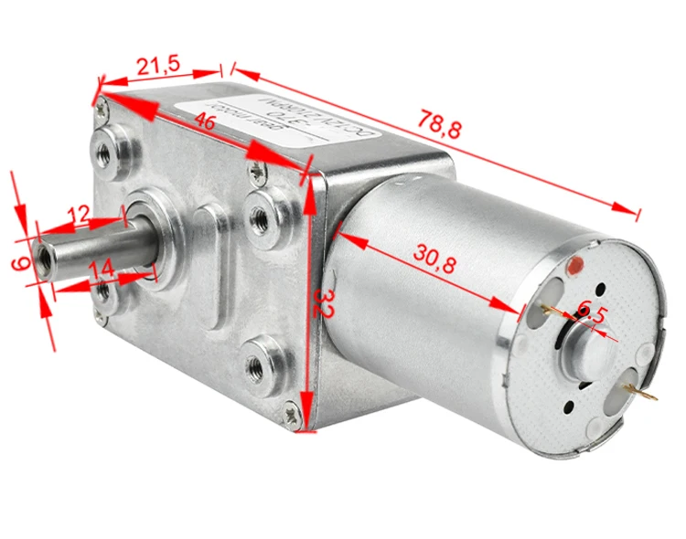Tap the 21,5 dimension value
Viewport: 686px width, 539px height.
coord(157,66)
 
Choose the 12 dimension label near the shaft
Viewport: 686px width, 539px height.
coord(79,215)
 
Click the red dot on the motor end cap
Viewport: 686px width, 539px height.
coord(575,268)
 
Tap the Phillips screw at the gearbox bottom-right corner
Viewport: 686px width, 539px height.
coord(293,416)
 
